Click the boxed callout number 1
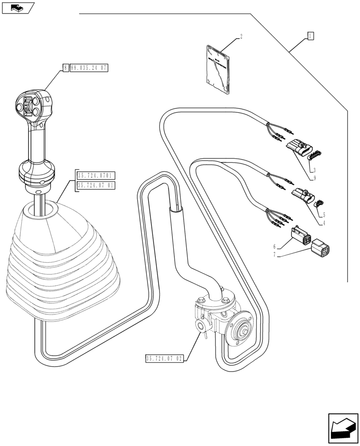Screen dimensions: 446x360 311,36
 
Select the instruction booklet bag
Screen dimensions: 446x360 219,70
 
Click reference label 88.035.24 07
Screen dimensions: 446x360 89,68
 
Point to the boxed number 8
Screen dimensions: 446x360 65,68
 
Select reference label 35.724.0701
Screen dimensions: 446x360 96,175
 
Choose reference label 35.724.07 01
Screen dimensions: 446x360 96,185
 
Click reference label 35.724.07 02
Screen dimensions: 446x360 164,358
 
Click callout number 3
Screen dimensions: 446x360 315,169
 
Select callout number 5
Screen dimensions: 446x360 324,214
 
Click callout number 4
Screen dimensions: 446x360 324,223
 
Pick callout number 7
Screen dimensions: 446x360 274,254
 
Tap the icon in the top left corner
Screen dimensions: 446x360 18,7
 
